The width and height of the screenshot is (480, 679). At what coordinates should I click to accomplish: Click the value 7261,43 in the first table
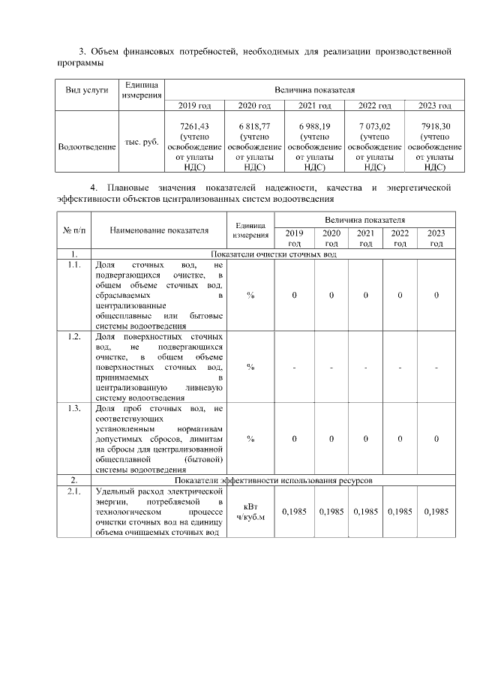coord(189,125)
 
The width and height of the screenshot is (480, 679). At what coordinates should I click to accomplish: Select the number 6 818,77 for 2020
coord(254,125)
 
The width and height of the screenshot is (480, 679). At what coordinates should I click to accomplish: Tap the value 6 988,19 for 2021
coord(315,125)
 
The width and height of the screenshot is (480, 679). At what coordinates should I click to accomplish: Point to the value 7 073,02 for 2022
coord(375,125)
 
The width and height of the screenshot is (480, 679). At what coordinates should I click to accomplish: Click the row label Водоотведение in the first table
coord(87,146)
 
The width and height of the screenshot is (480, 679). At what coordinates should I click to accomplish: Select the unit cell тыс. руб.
coord(141,142)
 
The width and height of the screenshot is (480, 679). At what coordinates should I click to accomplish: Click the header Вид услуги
coord(87,90)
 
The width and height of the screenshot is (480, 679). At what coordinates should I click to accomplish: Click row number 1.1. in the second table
coord(73,265)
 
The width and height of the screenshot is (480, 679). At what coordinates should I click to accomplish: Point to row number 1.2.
coord(73,336)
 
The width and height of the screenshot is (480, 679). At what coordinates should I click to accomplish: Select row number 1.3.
coord(73,408)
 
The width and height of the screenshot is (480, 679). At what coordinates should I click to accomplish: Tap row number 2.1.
coord(73,491)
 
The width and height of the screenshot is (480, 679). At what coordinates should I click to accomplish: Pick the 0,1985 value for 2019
coord(294,512)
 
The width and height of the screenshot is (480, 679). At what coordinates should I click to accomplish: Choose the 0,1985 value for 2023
coord(436,512)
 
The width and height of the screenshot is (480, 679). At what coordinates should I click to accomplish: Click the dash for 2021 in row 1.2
coord(365,368)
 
